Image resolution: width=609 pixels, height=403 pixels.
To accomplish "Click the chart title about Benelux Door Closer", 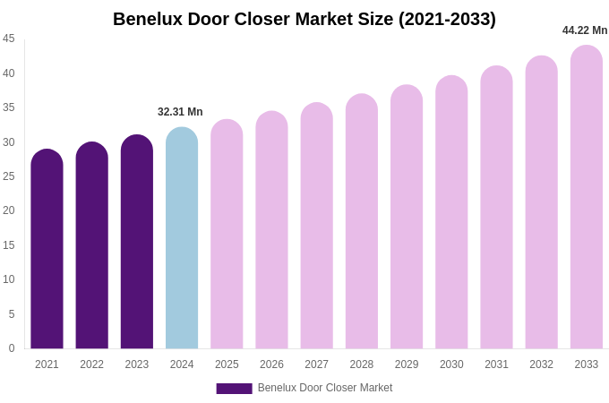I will click(x=304, y=19).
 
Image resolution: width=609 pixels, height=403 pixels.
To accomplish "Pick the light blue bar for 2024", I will click(x=182, y=238).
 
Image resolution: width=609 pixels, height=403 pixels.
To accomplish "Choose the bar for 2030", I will click(x=451, y=212).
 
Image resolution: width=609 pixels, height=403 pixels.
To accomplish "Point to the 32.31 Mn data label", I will click(x=180, y=112).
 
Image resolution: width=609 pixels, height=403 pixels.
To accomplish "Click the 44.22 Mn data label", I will click(x=585, y=30).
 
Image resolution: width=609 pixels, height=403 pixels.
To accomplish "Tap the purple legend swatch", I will click(x=234, y=389).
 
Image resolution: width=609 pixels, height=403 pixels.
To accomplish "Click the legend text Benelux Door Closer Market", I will click(x=325, y=388).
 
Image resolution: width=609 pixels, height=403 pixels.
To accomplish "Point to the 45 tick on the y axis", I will click(x=9, y=39).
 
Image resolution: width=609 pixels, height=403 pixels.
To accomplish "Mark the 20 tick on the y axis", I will click(x=9, y=210).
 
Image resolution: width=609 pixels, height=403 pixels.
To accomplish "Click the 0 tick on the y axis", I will click(x=12, y=348).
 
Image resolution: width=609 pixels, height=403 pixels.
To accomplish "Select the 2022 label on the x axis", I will click(x=91, y=364).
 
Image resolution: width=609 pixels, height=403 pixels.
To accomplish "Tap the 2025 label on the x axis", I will click(x=227, y=364).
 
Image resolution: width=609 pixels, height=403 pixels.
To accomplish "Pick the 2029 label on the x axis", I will click(x=407, y=364).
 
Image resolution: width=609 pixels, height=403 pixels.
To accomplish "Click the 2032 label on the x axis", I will click(x=541, y=364).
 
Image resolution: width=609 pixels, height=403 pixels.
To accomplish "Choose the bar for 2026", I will click(x=271, y=230).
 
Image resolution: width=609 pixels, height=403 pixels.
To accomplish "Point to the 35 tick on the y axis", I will click(x=9, y=107).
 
